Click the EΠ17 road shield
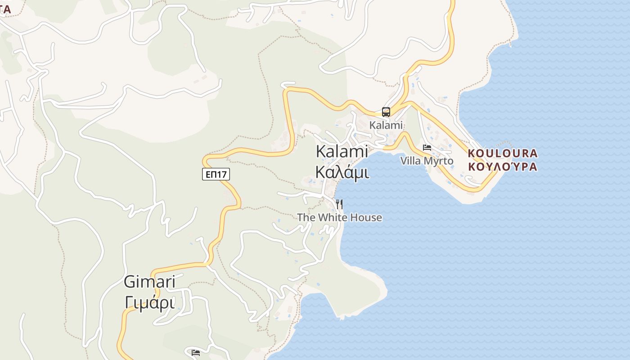pos(216,174)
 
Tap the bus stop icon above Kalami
pos(386,112)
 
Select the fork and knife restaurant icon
pos(339,204)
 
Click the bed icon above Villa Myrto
pos(427,148)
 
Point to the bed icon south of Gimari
pos(196,352)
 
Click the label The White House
pos(339,218)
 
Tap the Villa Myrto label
pos(427,161)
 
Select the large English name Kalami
pos(342,151)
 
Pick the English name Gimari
pos(149,282)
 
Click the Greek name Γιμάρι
pos(149,302)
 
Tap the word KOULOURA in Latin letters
pos(503,153)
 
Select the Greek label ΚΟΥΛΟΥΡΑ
pos(503,167)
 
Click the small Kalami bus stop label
pos(386,125)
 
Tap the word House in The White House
pos(366,218)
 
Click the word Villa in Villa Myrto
pos(410,161)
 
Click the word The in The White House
pos(306,218)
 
